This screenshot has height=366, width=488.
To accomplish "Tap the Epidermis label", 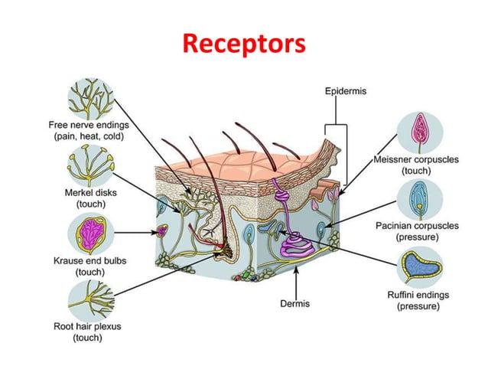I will pyautogui.click(x=346, y=90).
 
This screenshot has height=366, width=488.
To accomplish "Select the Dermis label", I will pyautogui.click(x=295, y=303).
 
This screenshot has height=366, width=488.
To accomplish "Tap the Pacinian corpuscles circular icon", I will pyautogui.click(x=420, y=198).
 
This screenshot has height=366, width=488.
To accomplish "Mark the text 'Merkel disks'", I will pyautogui.click(x=89, y=193).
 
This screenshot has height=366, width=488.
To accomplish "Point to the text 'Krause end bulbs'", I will pyautogui.click(x=90, y=260).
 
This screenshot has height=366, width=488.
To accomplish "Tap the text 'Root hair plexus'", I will pyautogui.click(x=89, y=326).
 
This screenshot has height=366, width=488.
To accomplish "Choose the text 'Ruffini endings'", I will pyautogui.click(x=418, y=294).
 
